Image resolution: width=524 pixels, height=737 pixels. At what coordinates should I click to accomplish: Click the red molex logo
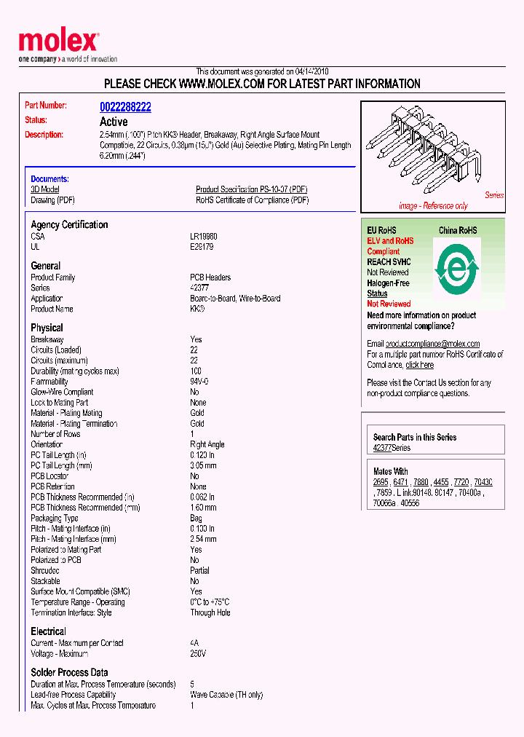click(58, 42)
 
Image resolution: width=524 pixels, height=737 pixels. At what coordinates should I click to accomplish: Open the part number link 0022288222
click(125, 107)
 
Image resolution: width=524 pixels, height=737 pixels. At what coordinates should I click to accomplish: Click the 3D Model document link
click(44, 189)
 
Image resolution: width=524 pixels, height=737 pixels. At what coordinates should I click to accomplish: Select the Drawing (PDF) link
click(52, 200)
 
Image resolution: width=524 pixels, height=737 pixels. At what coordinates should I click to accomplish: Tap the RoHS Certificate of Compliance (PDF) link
click(252, 200)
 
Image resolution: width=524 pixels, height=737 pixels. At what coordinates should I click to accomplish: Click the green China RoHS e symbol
click(456, 269)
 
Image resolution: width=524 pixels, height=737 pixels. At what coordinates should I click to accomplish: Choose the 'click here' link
click(419, 365)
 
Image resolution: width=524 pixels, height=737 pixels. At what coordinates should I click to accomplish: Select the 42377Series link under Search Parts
click(392, 448)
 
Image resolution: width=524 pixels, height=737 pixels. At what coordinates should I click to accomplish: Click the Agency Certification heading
click(69, 225)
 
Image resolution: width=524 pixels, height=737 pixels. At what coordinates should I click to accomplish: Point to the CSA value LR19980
click(204, 237)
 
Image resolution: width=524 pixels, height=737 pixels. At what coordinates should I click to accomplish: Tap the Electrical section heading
click(48, 631)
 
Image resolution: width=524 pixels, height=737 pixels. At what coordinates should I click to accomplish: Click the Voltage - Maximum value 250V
click(198, 654)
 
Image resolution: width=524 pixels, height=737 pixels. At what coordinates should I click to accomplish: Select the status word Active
click(114, 122)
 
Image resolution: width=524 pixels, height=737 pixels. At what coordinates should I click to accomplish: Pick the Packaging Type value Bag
click(196, 518)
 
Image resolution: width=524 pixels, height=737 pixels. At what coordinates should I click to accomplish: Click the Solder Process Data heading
click(69, 672)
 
